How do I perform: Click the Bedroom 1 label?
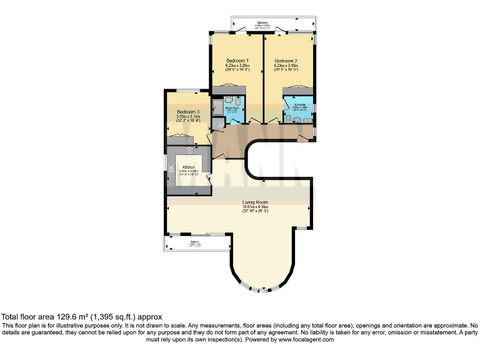237,61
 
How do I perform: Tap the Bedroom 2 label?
286,61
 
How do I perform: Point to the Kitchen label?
188,167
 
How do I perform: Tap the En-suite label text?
300,104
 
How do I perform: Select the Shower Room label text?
232,107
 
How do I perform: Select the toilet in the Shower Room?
229,100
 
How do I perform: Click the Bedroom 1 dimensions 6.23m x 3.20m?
237,66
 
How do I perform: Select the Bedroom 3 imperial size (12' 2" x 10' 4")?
187,121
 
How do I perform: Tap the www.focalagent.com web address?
302,339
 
